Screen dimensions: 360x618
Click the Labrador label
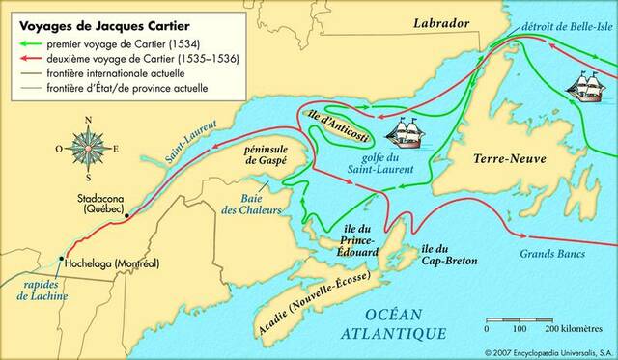tap(440, 22)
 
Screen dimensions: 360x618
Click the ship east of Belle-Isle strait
tap(590, 89)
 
